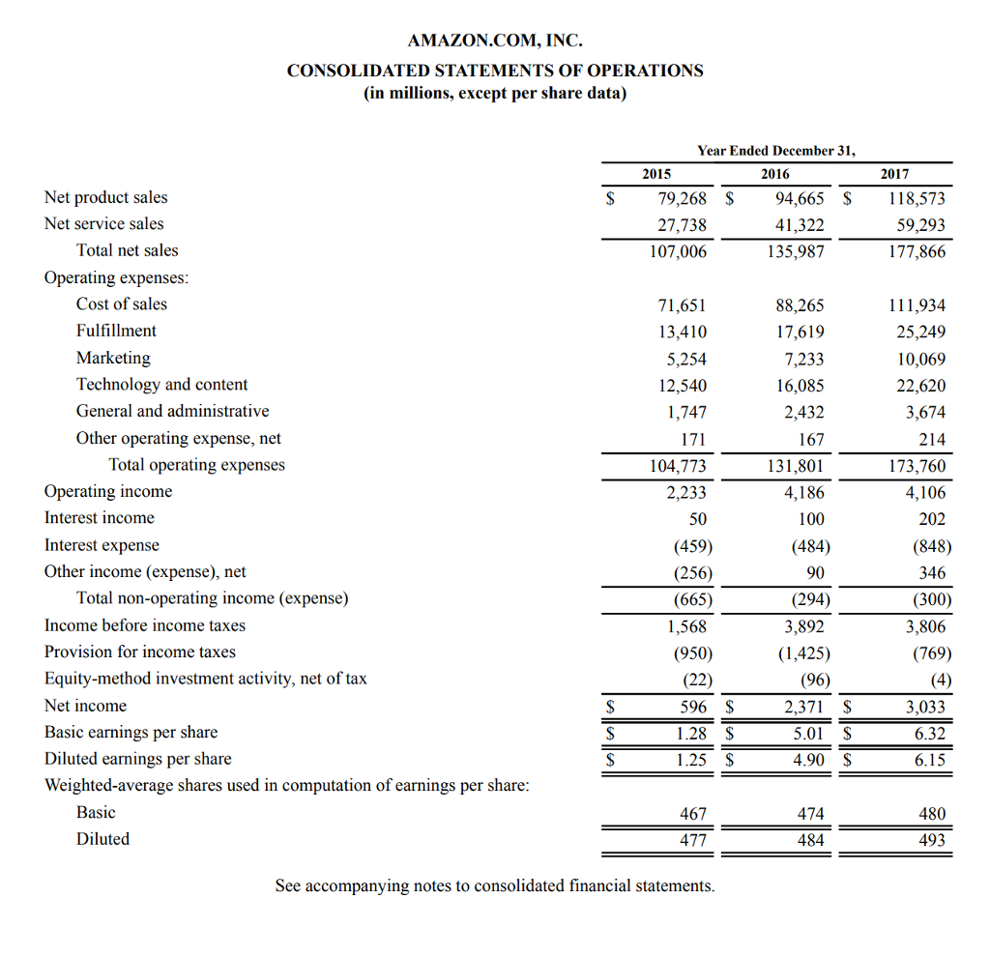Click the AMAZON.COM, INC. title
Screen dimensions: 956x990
click(495, 41)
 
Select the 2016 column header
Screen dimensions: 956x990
click(774, 174)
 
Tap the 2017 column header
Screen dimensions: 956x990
click(894, 174)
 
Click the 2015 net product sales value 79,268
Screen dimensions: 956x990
click(682, 198)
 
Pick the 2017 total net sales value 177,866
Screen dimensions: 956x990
click(917, 251)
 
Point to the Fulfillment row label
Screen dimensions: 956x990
click(116, 331)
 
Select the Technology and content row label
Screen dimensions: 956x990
click(161, 385)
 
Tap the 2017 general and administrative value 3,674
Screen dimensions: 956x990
click(925, 413)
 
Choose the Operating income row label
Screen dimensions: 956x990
click(108, 492)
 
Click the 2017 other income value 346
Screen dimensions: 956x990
click(932, 572)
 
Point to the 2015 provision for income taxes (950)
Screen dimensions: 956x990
click(692, 652)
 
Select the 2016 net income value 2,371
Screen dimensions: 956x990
click(803, 707)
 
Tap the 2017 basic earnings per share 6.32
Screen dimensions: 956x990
click(930, 734)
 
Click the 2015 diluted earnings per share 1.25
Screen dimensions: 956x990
click(690, 760)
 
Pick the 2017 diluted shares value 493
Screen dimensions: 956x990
click(932, 841)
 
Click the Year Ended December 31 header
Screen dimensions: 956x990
click(775, 151)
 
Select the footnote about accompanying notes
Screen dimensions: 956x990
click(495, 885)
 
